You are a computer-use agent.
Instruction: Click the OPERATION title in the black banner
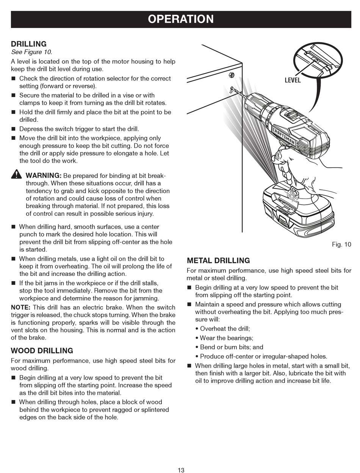[x=181, y=19]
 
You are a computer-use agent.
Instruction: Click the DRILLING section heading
[x=29, y=44]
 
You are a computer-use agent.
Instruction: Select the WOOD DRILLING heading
[x=42, y=351]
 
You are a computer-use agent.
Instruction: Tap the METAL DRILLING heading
[x=218, y=260]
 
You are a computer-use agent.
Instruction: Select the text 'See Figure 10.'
[x=31, y=52]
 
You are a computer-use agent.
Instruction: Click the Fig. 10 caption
[x=341, y=244]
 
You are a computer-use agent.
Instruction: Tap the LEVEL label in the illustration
[x=293, y=80]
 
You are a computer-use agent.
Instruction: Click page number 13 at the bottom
[x=181, y=470]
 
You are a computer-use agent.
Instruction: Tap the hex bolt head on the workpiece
[x=232, y=75]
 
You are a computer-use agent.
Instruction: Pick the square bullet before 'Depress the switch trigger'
[x=13, y=129]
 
